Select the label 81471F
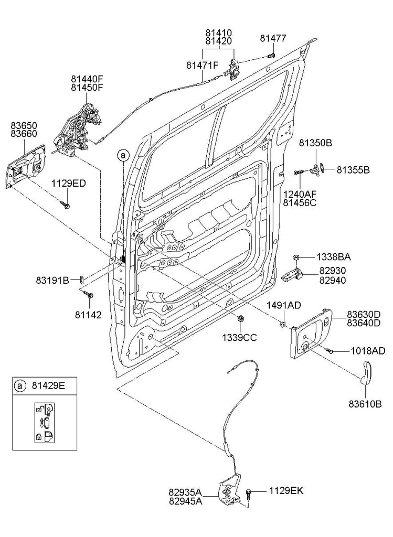click(x=201, y=66)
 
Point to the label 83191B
click(x=52, y=280)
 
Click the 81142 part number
click(x=88, y=315)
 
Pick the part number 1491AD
click(x=283, y=305)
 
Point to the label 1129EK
click(x=286, y=491)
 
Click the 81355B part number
click(x=353, y=170)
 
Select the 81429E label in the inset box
click(x=47, y=386)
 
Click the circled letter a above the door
click(x=123, y=155)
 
